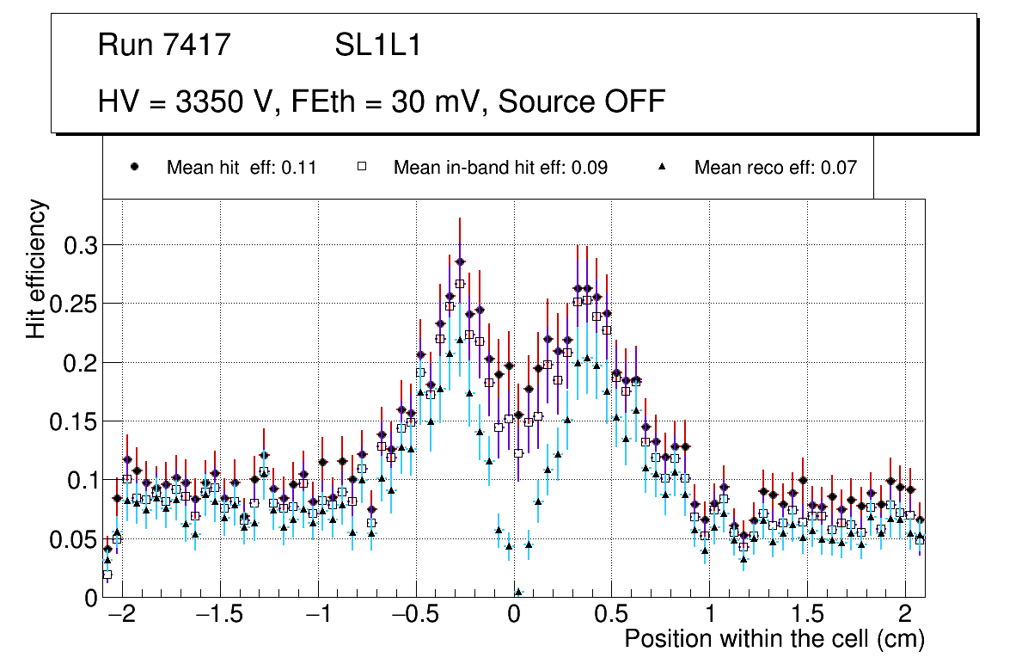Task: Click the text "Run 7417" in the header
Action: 164,46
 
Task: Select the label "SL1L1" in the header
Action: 378,46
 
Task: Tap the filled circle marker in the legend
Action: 135,167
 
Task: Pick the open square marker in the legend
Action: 362,167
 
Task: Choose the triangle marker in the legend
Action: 663,167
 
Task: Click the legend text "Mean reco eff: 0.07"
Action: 775,168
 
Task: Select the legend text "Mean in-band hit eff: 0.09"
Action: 500,168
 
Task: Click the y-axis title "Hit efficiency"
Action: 36,269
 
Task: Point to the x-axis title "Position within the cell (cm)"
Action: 774,639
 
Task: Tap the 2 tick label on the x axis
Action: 904,616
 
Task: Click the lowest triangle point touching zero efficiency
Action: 518,592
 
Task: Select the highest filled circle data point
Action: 460,261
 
